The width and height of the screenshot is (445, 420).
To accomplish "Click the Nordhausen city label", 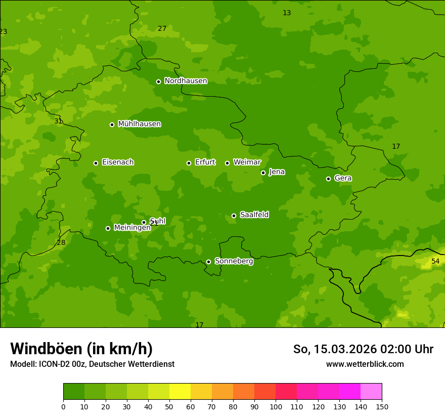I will tap(186, 81).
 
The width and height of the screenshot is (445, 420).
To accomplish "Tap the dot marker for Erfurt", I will tap(189, 163).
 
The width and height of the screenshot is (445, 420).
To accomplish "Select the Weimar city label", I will tap(247, 162).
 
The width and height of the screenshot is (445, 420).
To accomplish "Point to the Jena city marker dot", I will tap(263, 173).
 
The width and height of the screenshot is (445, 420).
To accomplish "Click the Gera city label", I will tap(343, 178).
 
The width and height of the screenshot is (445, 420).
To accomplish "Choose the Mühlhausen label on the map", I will tap(139, 124).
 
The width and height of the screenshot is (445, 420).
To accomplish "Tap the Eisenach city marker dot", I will tap(96, 163).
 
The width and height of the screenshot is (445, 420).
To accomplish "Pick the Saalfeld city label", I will tap(254, 215).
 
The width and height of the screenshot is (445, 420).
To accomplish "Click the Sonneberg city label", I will tap(234, 261).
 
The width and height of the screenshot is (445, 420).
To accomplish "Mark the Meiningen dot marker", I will tap(108, 228).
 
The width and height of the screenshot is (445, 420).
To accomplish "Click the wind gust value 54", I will tap(435, 261).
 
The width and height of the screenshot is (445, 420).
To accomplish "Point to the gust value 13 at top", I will tap(287, 13).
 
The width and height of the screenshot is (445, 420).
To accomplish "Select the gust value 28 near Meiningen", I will tap(61, 242).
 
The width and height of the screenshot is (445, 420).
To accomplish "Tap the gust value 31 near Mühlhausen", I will tap(58, 121).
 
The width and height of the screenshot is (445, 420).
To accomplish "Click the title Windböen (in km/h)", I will tap(81, 349).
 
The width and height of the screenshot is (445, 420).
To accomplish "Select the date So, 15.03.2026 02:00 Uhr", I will tap(363, 349).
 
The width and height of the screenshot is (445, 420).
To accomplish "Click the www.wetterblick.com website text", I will tap(365, 364).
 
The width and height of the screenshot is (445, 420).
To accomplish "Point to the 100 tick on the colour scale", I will tap(276, 406).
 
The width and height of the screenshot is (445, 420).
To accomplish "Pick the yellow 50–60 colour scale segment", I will tap(180, 392).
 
